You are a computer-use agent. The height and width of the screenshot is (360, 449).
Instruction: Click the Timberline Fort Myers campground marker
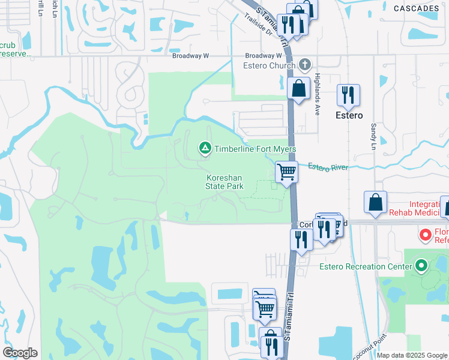pyautogui.click(x=205, y=148)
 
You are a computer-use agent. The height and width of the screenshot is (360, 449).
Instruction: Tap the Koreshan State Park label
pyautogui.click(x=225, y=182)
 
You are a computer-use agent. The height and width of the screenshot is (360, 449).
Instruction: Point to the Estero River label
pyautogui.click(x=328, y=167)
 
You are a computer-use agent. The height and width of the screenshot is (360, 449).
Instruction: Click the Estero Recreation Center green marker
pyautogui.click(x=421, y=265)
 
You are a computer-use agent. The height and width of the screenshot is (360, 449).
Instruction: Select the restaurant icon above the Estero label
pyautogui.click(x=348, y=94)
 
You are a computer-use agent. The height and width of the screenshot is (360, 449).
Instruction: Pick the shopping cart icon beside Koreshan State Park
pyautogui.click(x=286, y=172)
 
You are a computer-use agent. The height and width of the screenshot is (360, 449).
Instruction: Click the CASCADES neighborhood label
pyautogui.click(x=416, y=8)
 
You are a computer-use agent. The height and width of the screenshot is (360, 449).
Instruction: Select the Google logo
pyautogui.click(x=20, y=353)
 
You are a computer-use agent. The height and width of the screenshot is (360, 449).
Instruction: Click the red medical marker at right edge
pyautogui.click(x=426, y=234)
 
